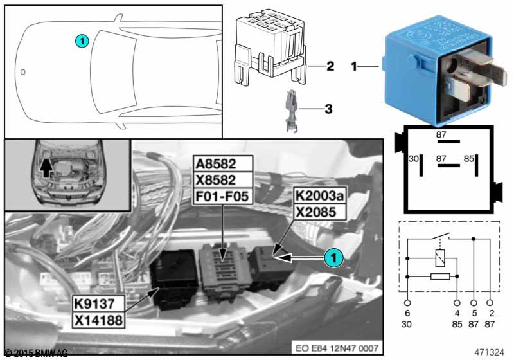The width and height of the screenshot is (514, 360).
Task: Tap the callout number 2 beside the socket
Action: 330,66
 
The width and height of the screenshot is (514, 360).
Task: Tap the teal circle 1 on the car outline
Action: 81,40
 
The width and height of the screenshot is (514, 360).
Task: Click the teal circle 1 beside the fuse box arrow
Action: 332,257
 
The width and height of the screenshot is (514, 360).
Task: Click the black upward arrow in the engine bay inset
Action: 44,168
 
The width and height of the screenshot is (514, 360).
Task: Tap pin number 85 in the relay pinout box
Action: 470,157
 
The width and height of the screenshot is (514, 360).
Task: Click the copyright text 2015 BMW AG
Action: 35,353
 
